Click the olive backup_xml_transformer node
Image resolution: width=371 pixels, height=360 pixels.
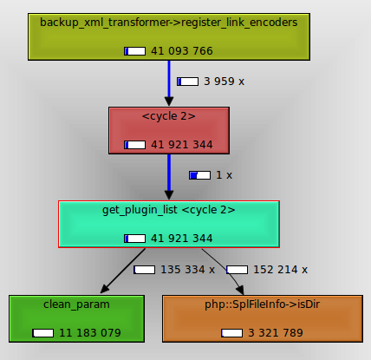(169, 36)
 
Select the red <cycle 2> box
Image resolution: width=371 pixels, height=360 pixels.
(169, 130)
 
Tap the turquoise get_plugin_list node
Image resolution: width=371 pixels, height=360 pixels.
(169, 224)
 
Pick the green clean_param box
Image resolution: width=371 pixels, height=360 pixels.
(76, 318)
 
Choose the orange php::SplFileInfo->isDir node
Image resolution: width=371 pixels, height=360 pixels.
(263, 318)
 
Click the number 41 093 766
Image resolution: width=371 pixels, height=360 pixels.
(182, 51)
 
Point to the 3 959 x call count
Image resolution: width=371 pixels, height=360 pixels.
(224, 82)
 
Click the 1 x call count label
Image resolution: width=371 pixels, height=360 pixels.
(224, 175)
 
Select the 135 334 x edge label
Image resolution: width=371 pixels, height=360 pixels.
(187, 270)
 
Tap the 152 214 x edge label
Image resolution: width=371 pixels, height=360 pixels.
(280, 270)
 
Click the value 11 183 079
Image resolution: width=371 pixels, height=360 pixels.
(90, 333)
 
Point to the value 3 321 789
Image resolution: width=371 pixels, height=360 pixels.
(276, 333)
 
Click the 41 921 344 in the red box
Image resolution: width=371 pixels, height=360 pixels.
(182, 145)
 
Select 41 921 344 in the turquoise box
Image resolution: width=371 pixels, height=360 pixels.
(182, 239)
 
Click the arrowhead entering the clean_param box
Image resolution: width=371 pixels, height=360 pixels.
(104, 289)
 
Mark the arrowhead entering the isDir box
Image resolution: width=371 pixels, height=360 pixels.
(240, 290)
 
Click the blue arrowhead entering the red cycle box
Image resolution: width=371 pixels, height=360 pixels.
(169, 101)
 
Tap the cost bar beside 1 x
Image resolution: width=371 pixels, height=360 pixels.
(199, 175)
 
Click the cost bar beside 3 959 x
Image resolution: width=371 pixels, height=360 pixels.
(187, 82)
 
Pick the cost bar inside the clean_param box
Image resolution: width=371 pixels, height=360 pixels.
(42, 333)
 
